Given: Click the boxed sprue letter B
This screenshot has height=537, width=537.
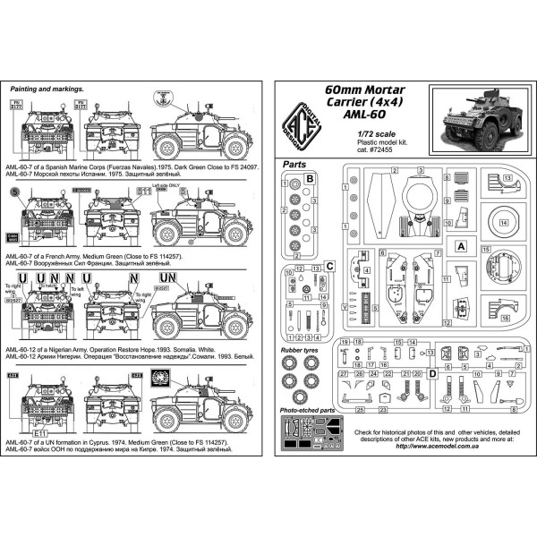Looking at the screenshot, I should coord(310,179).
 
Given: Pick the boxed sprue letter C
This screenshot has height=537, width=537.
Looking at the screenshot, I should coord(329,266).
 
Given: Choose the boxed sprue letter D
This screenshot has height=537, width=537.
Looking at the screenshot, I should coord(433,372).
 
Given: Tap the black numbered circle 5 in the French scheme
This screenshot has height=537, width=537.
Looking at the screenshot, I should coord(13,191).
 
